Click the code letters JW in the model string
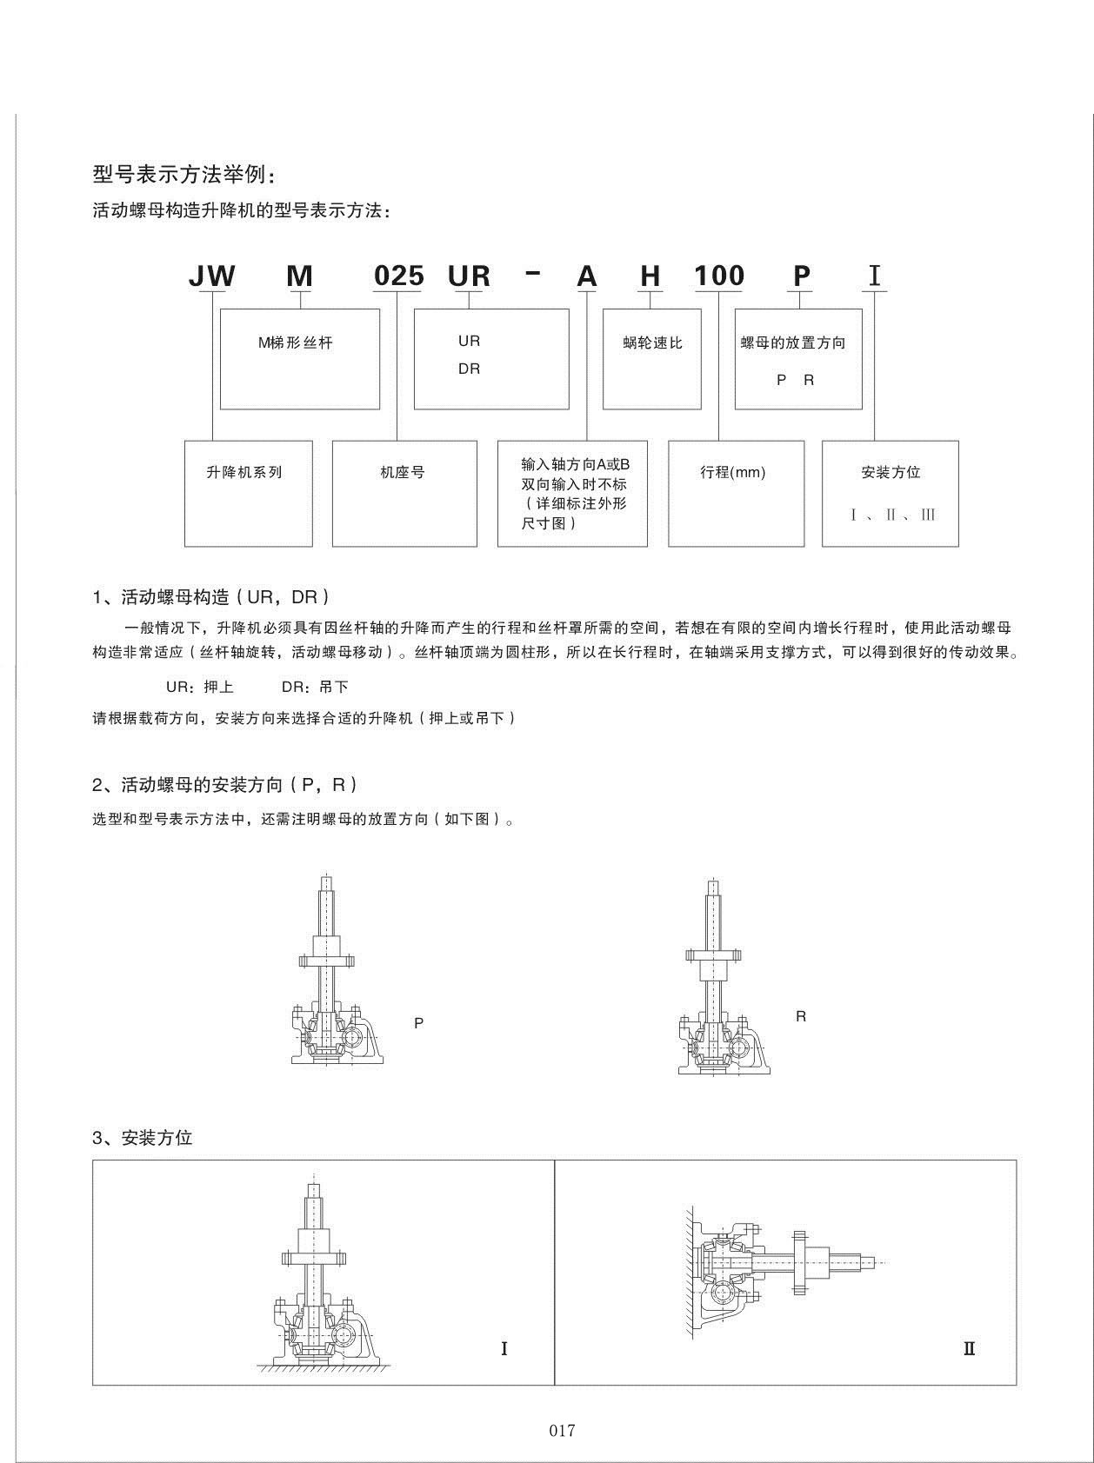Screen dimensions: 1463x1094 pos(212,276)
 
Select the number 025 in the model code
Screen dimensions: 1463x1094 pos(398,276)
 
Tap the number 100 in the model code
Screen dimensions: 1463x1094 pos(719,276)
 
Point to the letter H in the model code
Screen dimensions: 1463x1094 pos(650,276)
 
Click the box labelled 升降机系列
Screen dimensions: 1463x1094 pos(248,493)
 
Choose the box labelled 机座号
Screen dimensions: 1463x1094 pos(404,493)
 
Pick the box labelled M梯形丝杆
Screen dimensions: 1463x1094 pos(299,358)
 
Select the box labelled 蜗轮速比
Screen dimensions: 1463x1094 pos(651,358)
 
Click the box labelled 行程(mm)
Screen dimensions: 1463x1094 pos(735,493)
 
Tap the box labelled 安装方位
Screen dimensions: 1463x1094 pos(890,493)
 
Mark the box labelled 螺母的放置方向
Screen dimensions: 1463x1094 pos(797,358)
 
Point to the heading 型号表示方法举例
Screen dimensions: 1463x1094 pos(184,174)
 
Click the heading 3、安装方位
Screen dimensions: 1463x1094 pos(143,1137)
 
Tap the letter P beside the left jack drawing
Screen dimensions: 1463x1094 pos(418,1023)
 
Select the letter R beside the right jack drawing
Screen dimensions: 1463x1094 pos(801,1016)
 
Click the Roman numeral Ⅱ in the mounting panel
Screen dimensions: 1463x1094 pos(969,1348)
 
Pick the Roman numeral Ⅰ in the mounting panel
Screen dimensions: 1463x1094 pos(504,1348)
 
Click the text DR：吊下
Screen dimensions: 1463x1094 pos(315,687)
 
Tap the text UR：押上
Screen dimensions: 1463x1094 pos(200,687)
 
